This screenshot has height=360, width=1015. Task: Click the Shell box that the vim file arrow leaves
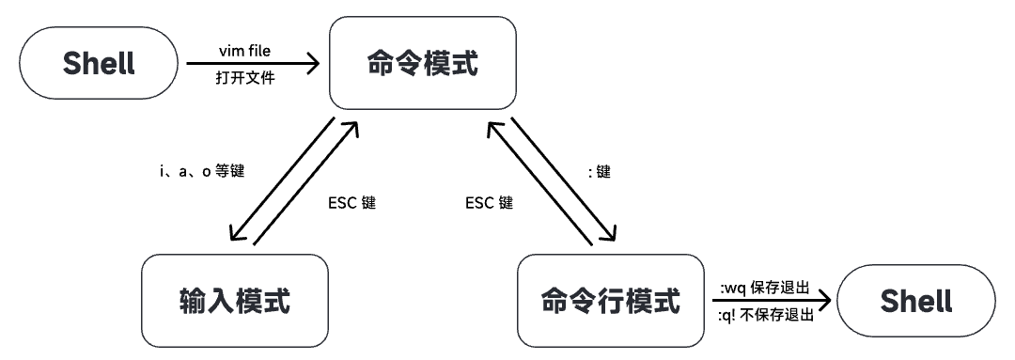pyautogui.click(x=99, y=64)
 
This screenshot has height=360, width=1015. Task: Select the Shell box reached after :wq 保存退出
pyautogui.click(x=916, y=301)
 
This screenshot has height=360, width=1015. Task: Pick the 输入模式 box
pyautogui.click(x=234, y=302)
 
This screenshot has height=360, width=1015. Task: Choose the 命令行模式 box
pyautogui.click(x=611, y=302)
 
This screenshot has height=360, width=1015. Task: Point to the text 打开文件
pyautogui.click(x=244, y=79)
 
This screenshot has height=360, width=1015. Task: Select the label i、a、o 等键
pyautogui.click(x=208, y=172)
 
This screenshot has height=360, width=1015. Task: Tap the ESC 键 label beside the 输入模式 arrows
pyautogui.click(x=355, y=202)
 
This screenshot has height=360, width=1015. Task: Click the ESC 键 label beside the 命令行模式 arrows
pyautogui.click(x=490, y=202)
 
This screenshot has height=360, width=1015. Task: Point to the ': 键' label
pyautogui.click(x=600, y=172)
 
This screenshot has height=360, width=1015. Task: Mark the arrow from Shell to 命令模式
pyautogui.click(x=252, y=64)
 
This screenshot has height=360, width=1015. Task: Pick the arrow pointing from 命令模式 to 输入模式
pyautogui.click(x=285, y=179)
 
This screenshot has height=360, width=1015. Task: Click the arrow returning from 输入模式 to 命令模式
pyautogui.click(x=306, y=185)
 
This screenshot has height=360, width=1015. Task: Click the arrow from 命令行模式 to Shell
pyautogui.click(x=771, y=301)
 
